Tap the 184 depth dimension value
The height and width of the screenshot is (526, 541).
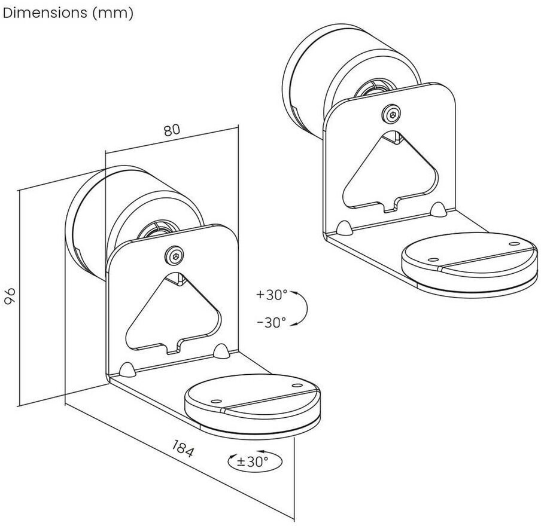coord(183,448)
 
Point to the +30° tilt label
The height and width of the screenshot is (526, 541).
coord(272,295)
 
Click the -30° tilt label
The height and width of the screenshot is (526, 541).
coord(272,323)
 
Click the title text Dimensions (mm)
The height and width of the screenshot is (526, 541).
coord(67,13)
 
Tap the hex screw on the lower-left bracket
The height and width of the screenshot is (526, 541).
coord(175,255)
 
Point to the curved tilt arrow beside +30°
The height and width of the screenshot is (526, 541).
coord(302,308)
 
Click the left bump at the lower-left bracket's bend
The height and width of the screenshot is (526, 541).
coord(127,369)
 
